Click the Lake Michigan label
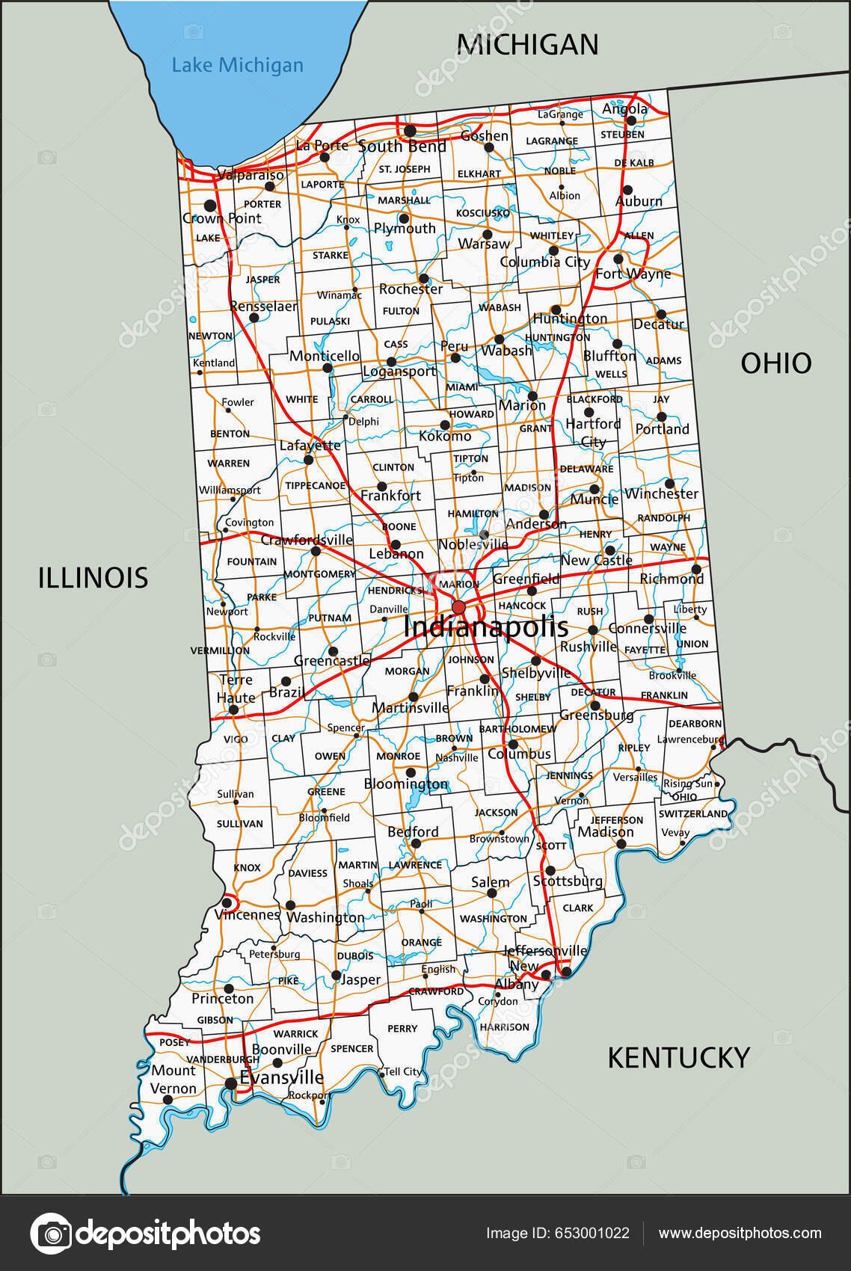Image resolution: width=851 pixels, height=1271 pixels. (237, 66)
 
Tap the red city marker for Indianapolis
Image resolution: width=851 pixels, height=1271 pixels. (458, 606)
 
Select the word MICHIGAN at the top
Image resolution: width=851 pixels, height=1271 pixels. (527, 45)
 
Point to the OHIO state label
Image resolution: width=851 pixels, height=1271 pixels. (775, 363)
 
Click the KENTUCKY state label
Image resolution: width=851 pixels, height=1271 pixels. (678, 1058)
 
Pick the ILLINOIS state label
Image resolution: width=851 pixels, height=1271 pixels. (93, 578)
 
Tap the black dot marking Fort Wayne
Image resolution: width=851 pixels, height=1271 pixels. (618, 259)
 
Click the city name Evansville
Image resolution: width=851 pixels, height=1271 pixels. (282, 1077)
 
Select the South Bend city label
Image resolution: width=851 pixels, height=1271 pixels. (402, 147)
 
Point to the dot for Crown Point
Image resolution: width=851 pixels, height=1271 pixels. (210, 205)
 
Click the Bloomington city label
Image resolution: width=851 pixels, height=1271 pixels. (405, 784)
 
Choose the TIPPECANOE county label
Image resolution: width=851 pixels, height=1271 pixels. (315, 486)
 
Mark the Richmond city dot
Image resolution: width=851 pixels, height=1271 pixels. (696, 569)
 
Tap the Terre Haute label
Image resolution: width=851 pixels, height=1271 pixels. (236, 689)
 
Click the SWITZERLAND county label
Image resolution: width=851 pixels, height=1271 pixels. (692, 813)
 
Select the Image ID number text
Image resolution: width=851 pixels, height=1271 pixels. (557, 1234)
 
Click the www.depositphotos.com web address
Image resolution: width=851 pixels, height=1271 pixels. (739, 1234)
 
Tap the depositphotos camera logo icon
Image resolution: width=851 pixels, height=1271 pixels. (51, 1234)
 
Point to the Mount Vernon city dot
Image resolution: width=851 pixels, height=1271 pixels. (168, 1099)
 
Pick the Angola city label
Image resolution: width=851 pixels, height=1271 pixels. (624, 109)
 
